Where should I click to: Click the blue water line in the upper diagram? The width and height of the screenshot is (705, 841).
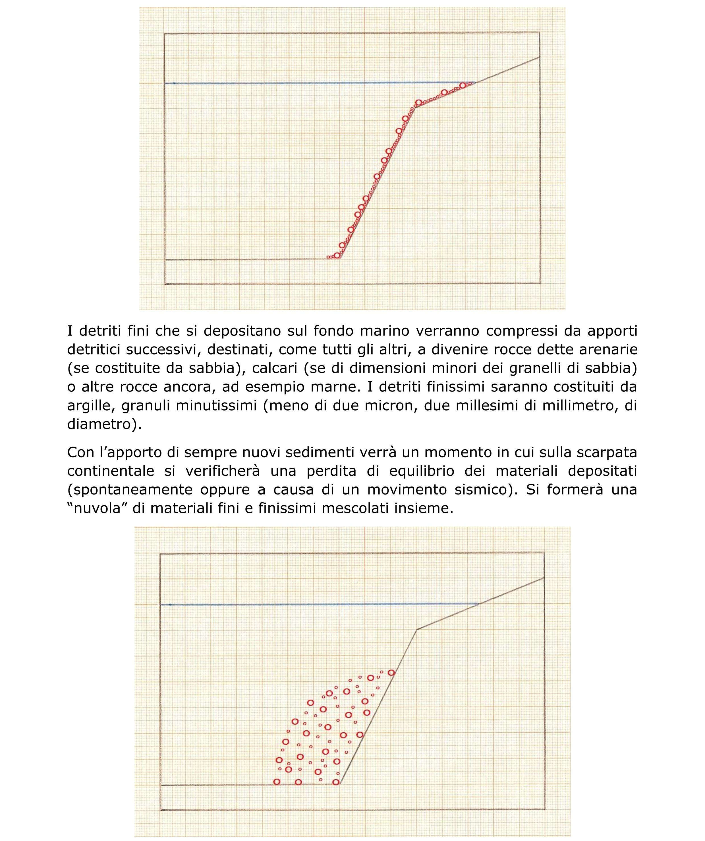click(280, 83)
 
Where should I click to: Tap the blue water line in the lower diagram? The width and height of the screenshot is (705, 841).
click(280, 604)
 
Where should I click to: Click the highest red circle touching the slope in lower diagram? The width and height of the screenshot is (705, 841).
click(391, 673)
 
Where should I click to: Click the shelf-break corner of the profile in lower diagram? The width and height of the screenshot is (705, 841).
click(417, 630)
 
